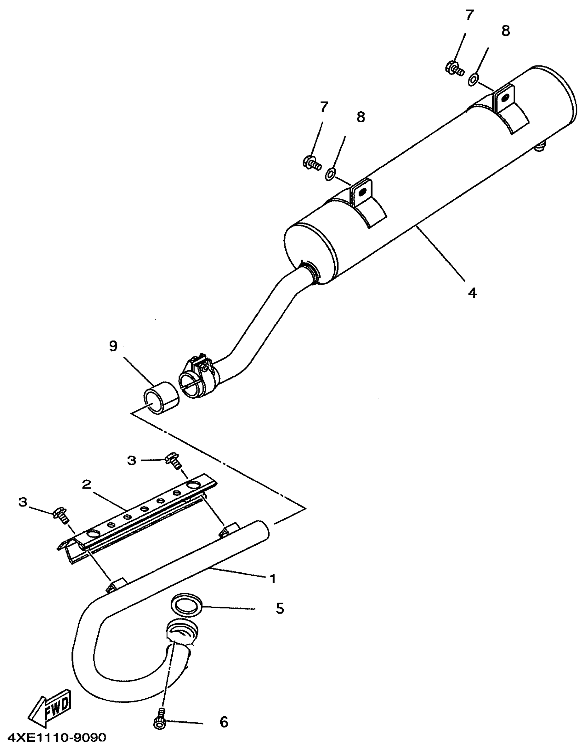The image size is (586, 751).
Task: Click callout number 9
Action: click(113, 346)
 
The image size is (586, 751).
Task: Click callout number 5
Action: click(280, 608)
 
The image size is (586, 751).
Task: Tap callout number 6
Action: click(224, 722)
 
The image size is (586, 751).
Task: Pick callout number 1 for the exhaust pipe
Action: click(273, 578)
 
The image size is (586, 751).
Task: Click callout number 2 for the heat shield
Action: click(87, 484)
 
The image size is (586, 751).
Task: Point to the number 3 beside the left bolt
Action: click(23, 502)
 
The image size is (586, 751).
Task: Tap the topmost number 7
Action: click(469, 15)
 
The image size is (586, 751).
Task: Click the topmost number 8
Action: click(506, 31)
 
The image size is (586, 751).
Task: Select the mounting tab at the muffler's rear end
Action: click(505, 98)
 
